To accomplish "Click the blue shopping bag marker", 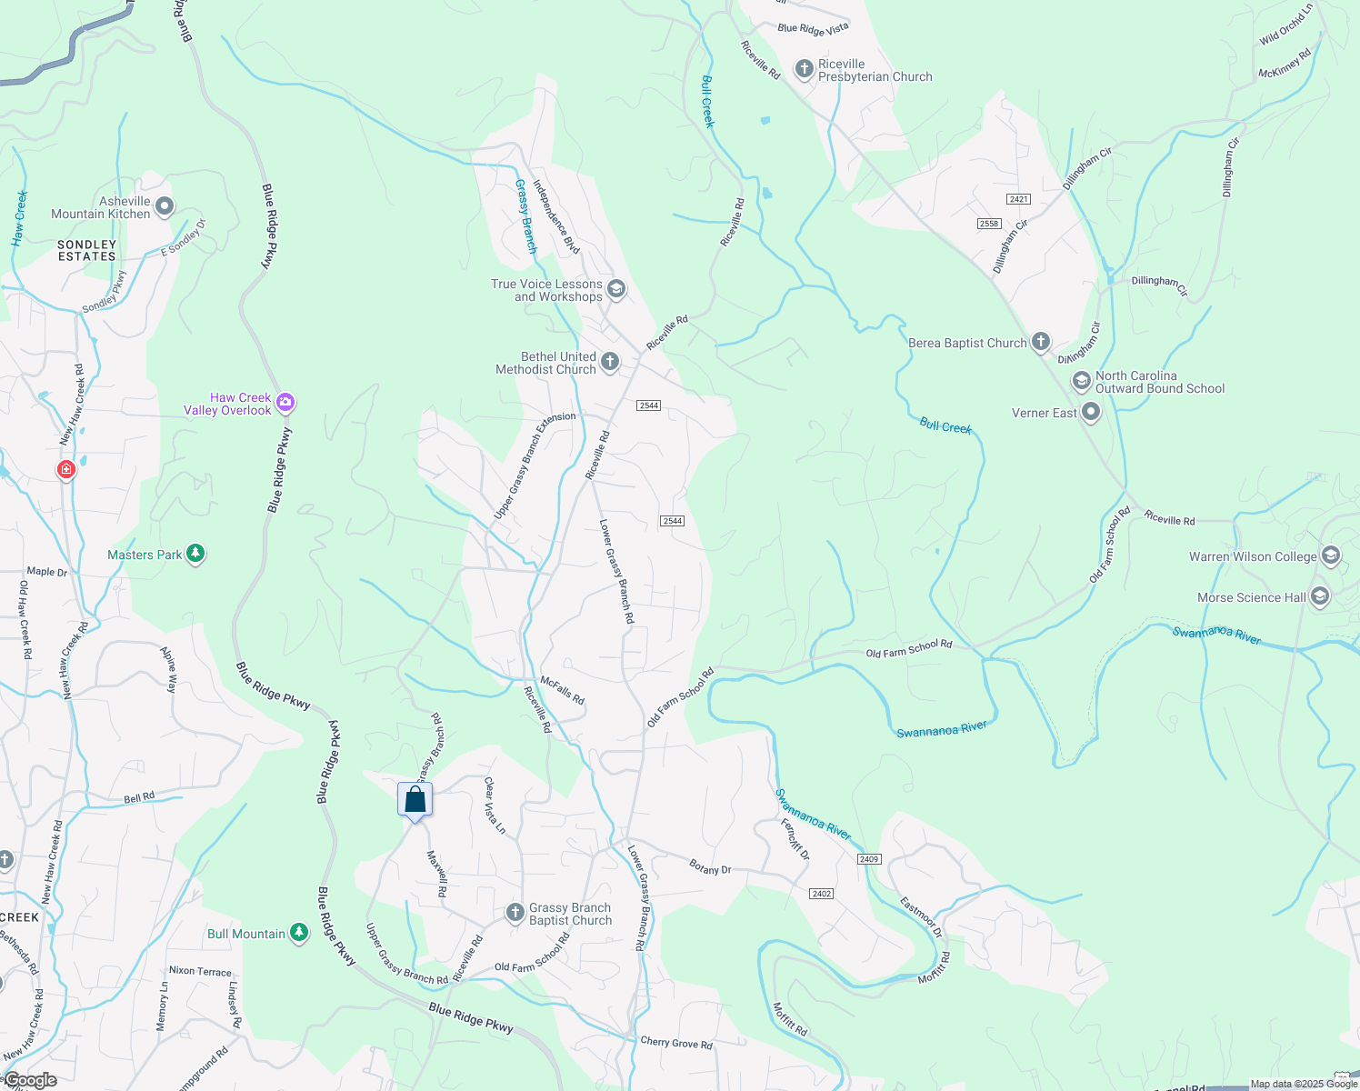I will (x=415, y=800).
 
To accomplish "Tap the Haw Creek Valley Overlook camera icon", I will (x=286, y=402).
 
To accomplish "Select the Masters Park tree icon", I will (x=195, y=554).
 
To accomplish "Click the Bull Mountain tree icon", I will (x=299, y=933).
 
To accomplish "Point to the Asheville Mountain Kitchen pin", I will (x=165, y=207).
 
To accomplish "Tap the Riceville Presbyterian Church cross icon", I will (x=804, y=69).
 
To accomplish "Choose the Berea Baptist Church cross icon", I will (x=1041, y=343).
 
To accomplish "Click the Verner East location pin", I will (x=1092, y=413).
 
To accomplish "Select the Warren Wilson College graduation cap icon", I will (x=1331, y=556).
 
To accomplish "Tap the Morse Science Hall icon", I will (x=1320, y=596).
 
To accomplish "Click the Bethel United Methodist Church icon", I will (x=610, y=362).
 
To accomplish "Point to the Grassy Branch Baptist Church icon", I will (x=515, y=912).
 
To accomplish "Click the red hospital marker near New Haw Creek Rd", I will (x=65, y=469).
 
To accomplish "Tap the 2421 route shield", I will (x=1018, y=199).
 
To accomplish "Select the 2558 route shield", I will (x=989, y=224).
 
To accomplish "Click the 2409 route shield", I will (x=869, y=859).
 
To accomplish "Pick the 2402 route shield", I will (x=822, y=894).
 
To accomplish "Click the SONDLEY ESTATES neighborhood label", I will (x=87, y=251).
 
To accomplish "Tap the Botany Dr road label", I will (x=710, y=867).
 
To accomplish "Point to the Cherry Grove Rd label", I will (x=676, y=1043).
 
